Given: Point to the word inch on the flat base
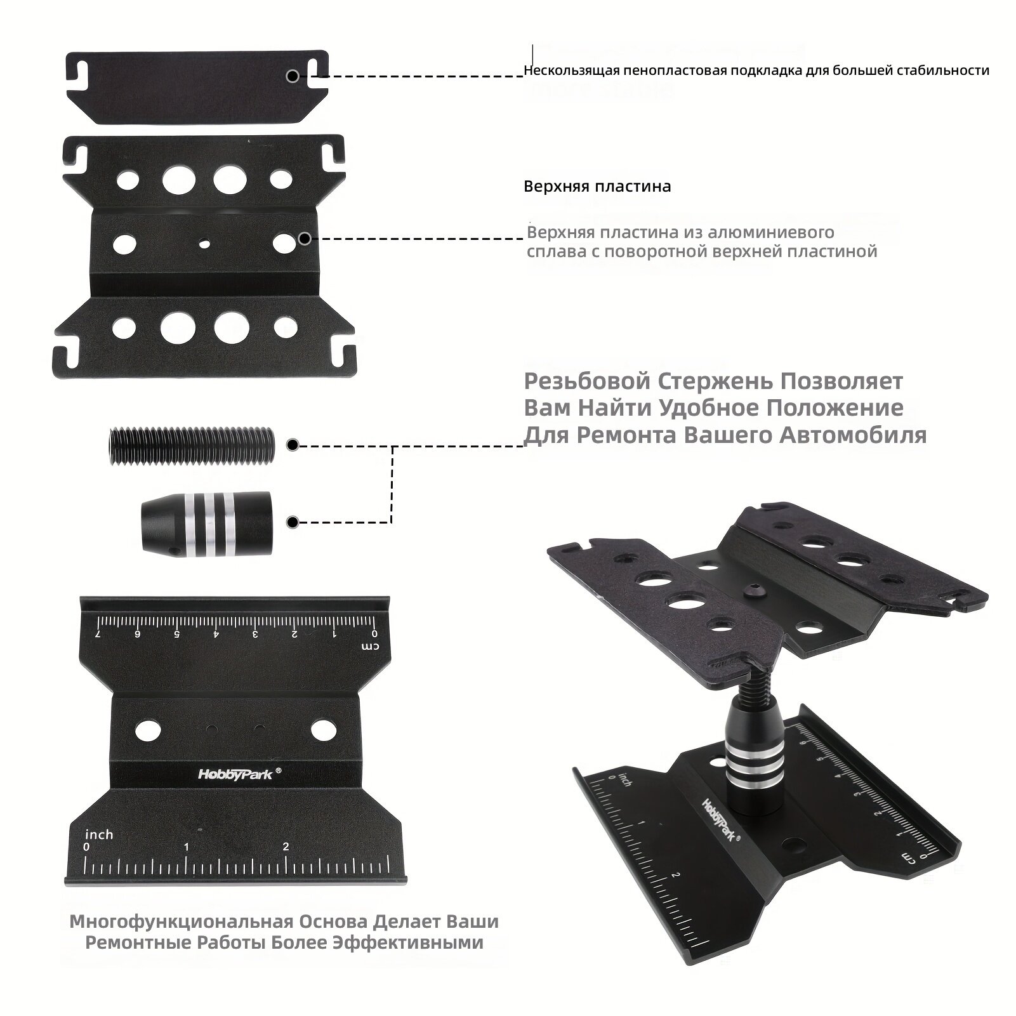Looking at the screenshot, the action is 99,834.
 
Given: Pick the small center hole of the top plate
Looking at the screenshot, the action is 204,242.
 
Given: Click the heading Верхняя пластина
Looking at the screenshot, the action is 597,187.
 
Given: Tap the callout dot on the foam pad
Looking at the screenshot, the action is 293,76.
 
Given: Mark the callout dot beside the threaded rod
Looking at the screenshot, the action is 293,445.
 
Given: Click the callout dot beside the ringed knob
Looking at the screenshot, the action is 293,522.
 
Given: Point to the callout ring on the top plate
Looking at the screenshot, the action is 305,239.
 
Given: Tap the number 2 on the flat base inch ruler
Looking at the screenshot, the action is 286,846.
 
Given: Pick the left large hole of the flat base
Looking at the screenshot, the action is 147,729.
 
